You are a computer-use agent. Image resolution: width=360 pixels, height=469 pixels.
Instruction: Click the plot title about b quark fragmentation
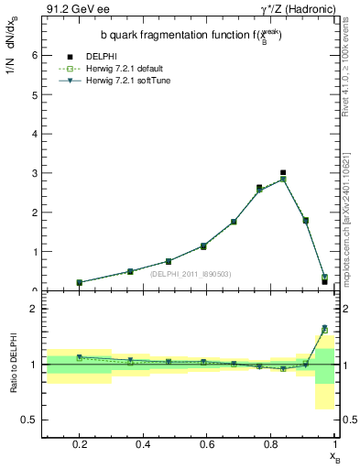tap(191, 36)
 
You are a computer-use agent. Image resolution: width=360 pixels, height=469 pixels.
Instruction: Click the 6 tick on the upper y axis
tap(35, 55)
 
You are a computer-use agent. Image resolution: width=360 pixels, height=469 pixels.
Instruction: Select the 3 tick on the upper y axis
tap(35, 173)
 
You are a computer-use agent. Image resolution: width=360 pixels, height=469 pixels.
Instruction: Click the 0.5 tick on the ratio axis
tap(31, 420)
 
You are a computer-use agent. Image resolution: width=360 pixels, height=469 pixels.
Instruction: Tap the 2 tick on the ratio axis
tap(35, 309)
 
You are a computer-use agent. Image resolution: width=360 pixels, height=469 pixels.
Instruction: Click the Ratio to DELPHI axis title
tap(13, 364)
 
